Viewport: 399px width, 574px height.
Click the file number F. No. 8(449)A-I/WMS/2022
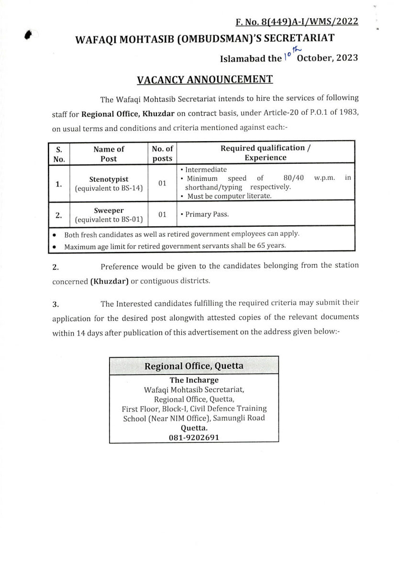[297, 22]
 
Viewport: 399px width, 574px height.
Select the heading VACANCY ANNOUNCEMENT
[205, 79]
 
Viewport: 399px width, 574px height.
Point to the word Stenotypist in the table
[109, 179]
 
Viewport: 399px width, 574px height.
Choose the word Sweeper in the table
[109, 210]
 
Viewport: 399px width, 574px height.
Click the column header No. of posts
[162, 154]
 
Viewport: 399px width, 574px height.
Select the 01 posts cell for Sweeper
[162, 215]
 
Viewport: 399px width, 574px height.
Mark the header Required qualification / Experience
[266, 153]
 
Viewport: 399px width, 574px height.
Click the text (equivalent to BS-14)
[109, 188]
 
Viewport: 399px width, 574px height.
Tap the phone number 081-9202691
[194, 438]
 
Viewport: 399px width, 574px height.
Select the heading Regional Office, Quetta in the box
[194, 366]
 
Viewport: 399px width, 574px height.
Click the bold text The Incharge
[194, 380]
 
